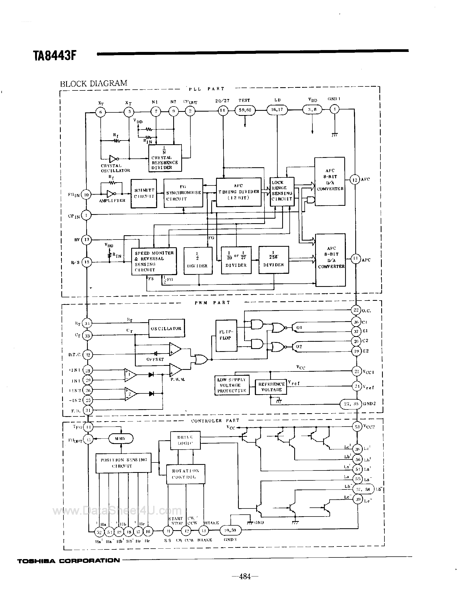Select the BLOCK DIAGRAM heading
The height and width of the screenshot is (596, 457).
[x=93, y=83]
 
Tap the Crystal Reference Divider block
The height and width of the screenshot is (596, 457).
[x=165, y=158]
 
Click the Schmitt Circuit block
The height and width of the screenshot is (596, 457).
[x=144, y=193]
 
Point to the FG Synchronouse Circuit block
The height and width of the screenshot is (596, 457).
[x=183, y=193]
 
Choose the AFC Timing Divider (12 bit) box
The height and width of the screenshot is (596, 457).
[x=239, y=192]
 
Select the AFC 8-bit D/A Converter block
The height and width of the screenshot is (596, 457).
[x=330, y=181]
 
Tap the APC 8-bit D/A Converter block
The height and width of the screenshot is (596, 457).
[x=331, y=260]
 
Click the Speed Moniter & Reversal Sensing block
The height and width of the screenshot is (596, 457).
[x=154, y=261]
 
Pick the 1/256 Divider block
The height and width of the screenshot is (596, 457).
[x=273, y=260]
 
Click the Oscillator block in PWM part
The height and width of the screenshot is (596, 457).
[x=166, y=328]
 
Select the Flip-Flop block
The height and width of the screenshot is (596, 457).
[x=226, y=336]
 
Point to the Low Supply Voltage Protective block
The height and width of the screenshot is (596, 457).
[x=232, y=385]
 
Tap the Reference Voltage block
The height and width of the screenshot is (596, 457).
[x=271, y=387]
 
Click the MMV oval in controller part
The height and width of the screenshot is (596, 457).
[x=120, y=439]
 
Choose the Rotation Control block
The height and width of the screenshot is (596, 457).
[x=186, y=474]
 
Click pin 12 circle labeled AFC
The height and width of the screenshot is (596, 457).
[x=355, y=180]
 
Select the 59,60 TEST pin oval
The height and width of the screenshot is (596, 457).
[x=245, y=110]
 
